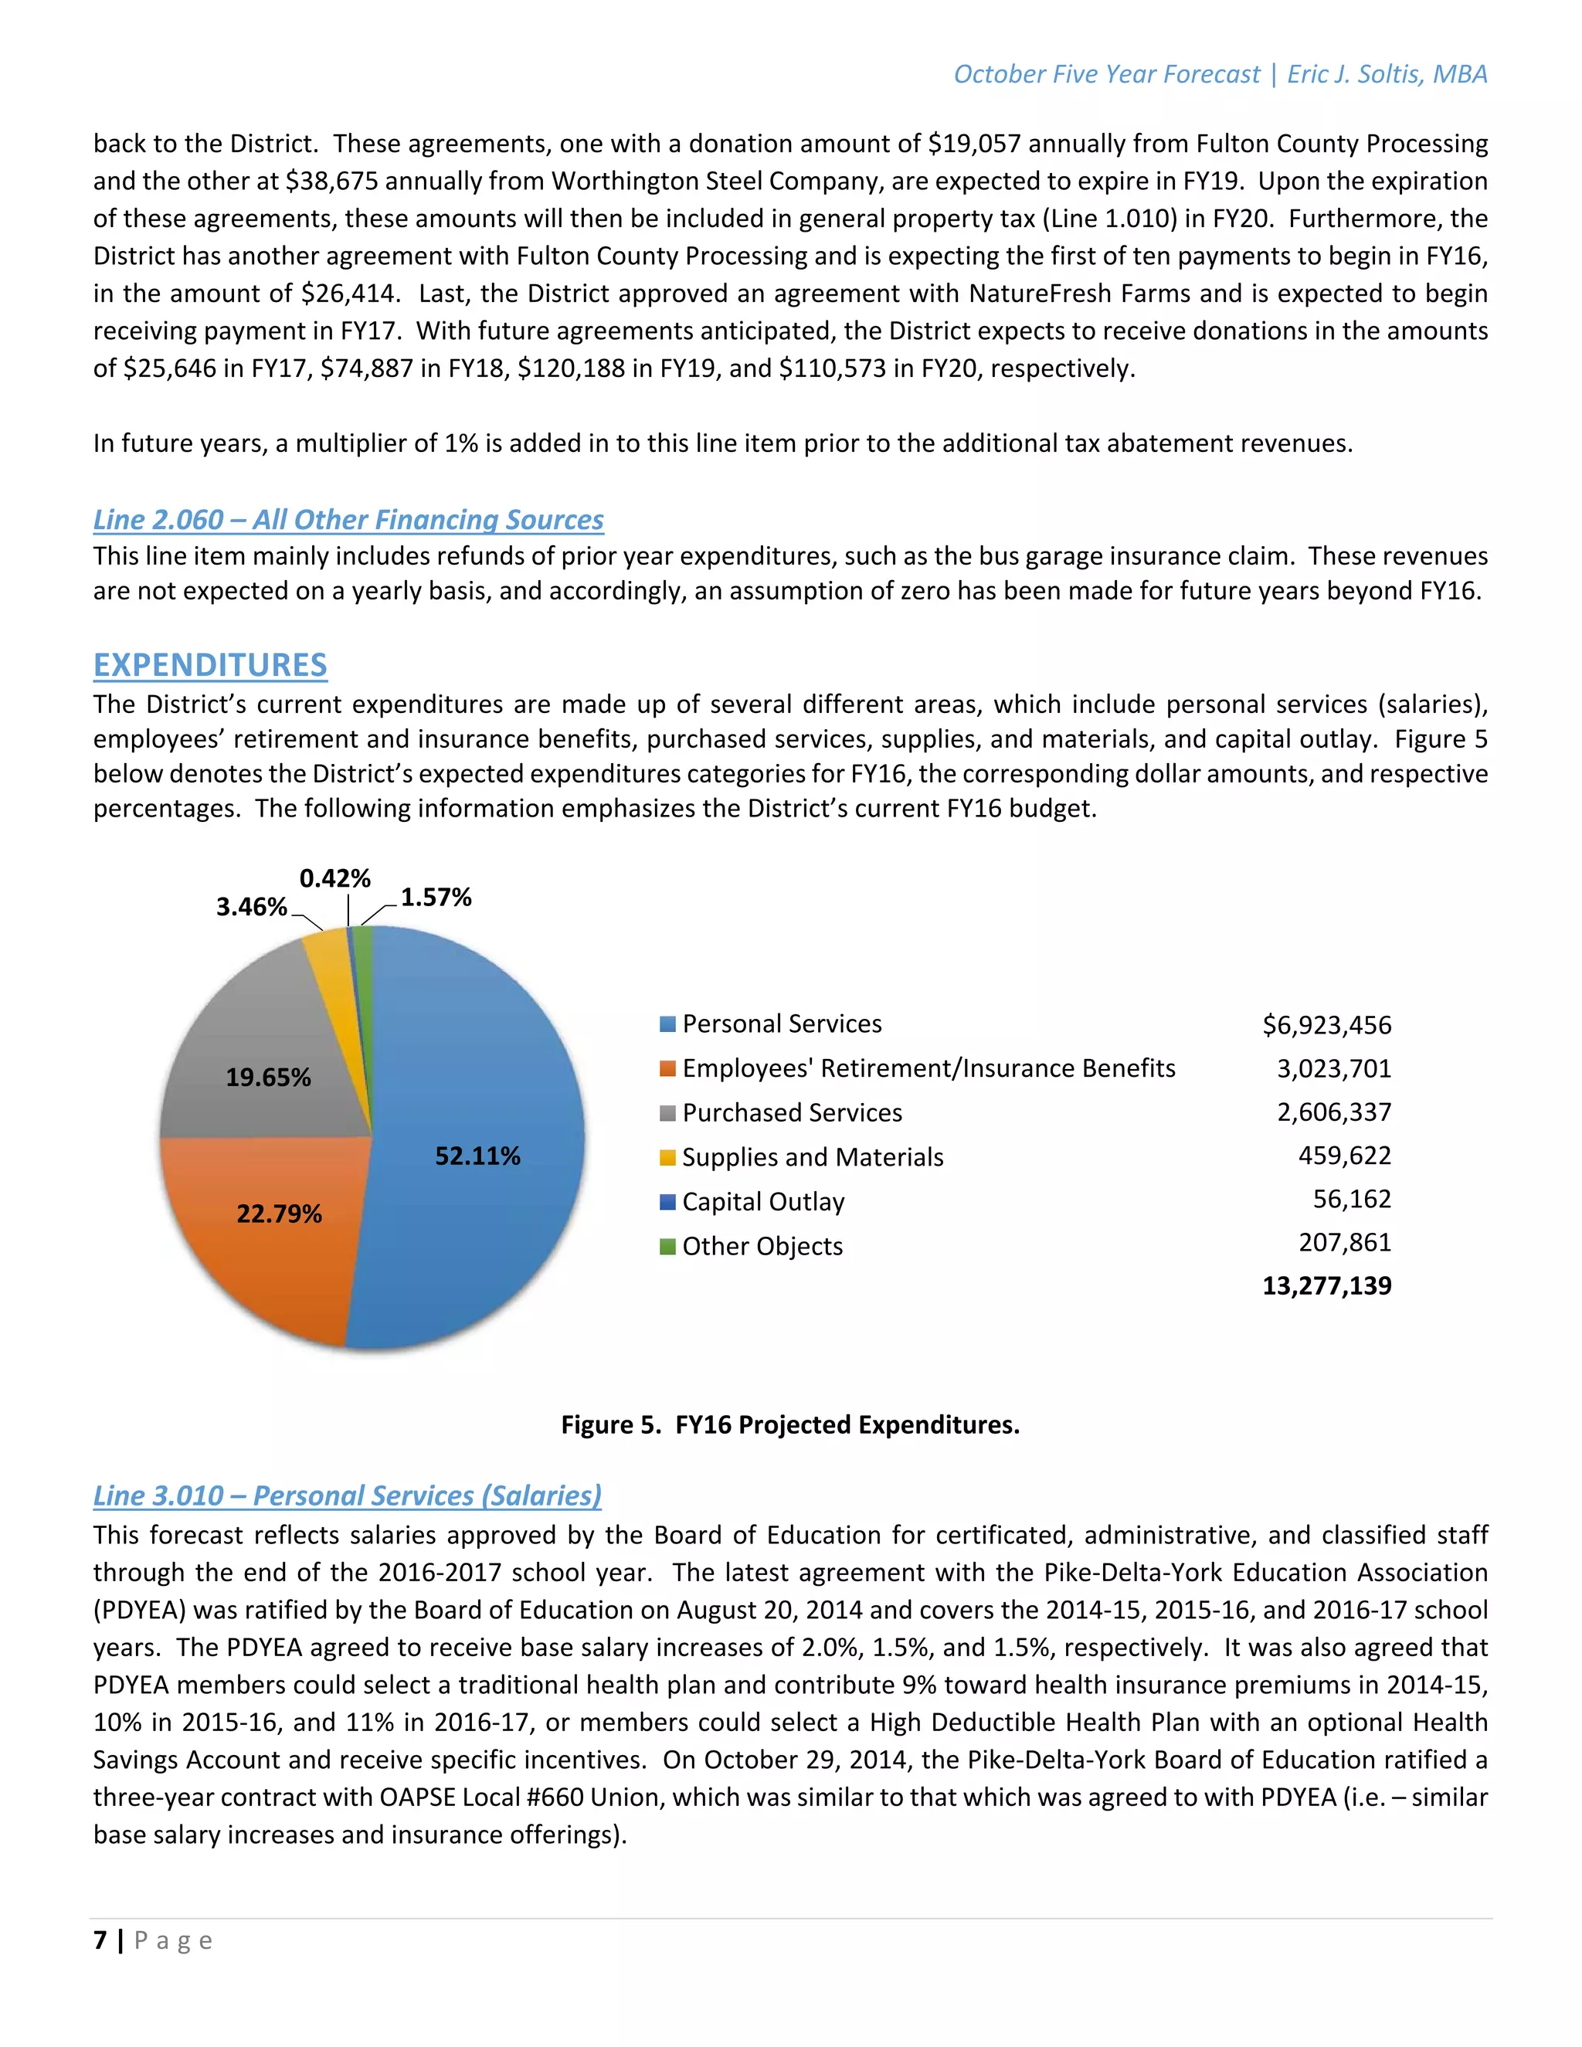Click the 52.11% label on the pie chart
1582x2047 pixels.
pos(477,1156)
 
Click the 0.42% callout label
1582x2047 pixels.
pos(334,878)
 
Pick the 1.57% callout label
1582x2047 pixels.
pos(436,897)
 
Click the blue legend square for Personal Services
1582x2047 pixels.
pos(667,1023)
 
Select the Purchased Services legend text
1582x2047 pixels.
pos(792,1112)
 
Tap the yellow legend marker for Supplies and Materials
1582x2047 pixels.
pos(667,1158)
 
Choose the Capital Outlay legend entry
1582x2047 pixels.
pos(763,1202)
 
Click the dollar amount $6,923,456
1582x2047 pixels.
pos(1326,1024)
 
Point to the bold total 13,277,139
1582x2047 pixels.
pos(1326,1285)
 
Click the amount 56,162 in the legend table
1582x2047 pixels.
pos(1352,1199)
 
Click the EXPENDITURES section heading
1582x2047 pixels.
pos(210,664)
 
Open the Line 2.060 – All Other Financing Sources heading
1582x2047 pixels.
pos(348,519)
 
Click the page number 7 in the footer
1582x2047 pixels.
pos(100,1940)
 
